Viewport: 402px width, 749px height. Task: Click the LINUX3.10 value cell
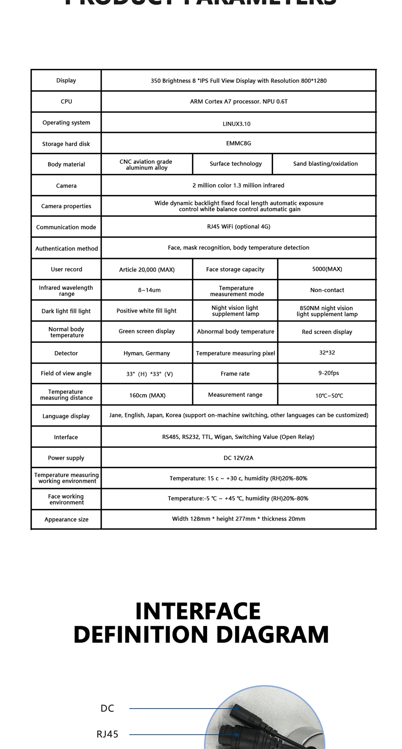pos(236,124)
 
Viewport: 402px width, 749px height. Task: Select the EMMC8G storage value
pos(238,143)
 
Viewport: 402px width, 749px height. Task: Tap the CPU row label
pos(66,102)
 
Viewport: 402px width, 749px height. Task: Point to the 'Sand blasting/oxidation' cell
pos(325,164)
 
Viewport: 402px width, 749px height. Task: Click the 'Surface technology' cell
pos(236,164)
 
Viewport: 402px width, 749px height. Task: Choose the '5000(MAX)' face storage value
pos(327,269)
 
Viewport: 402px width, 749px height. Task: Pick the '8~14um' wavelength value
pos(149,290)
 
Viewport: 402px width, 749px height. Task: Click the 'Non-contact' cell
pos(327,290)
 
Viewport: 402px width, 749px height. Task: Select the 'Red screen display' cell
pos(327,332)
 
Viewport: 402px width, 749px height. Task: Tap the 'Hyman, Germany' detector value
pos(147,353)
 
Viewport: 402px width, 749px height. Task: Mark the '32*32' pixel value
pos(327,353)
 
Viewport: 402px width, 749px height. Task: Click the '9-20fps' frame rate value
pos(328,373)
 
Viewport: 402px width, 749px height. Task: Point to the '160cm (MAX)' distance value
pos(147,395)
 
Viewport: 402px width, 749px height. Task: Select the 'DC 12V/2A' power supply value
pos(238,458)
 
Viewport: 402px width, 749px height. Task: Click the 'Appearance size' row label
pos(66,519)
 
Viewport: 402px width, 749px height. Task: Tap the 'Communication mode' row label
pos(66,227)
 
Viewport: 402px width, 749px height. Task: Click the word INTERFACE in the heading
pos(198,611)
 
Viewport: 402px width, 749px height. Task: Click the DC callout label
pos(107,708)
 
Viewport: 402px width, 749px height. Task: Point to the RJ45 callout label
pos(107,734)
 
